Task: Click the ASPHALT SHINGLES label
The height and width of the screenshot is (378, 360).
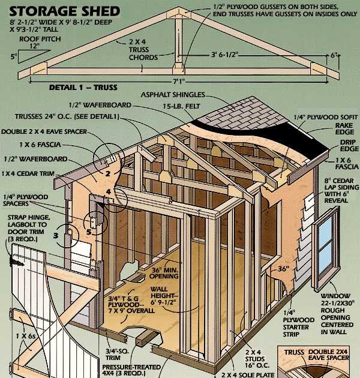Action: [173, 95]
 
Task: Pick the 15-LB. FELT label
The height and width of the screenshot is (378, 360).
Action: [177, 106]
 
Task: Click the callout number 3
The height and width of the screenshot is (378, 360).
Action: [56, 235]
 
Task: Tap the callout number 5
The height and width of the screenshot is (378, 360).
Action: [87, 230]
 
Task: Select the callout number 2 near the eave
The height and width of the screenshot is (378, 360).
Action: [108, 174]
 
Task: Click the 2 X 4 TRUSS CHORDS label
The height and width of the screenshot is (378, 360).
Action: [143, 49]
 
